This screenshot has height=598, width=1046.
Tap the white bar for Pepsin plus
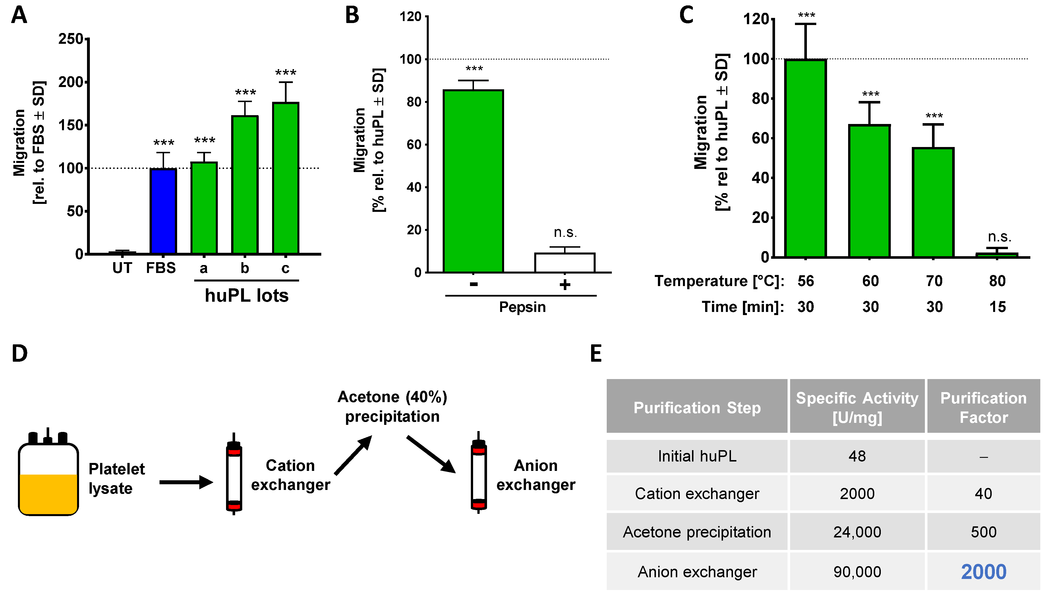564,262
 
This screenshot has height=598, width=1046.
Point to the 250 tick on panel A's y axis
71,39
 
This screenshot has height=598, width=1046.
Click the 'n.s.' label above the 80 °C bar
999,237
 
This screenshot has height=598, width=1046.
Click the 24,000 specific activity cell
857,532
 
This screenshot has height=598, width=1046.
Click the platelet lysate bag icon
48,476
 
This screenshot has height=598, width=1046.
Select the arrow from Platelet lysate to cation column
186,482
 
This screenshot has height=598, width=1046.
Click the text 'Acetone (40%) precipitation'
392,407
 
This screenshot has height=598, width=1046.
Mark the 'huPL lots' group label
246,296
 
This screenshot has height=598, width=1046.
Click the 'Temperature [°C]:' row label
719,281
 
